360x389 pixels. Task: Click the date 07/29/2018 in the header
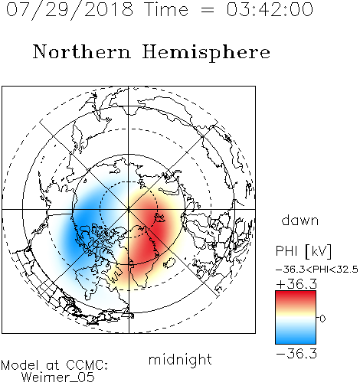point(70,10)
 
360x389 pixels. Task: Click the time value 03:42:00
point(270,9)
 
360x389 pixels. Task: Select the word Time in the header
point(166,9)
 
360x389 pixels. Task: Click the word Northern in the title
point(81,51)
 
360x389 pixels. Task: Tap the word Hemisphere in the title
point(206,53)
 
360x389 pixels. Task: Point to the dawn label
point(300,220)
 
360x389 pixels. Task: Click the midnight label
point(180,359)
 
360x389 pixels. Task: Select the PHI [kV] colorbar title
point(303,251)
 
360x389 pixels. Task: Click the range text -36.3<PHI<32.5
point(317,270)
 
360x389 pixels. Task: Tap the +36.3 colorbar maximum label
point(296,284)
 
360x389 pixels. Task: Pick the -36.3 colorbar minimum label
point(296,354)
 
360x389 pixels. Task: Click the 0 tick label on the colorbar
point(322,319)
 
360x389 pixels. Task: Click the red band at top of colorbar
point(296,296)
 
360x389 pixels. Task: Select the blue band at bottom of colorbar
point(296,338)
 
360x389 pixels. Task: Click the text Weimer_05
point(58,377)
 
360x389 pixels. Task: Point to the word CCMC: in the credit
point(87,365)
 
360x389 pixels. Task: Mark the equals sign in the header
point(208,10)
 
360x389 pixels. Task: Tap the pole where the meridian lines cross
point(129,209)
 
